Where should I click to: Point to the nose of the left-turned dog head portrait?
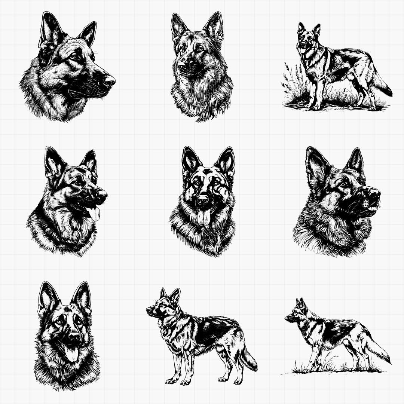(x=181, y=67)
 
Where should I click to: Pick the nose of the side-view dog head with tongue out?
(x=101, y=193)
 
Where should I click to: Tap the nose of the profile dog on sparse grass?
(x=287, y=319)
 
